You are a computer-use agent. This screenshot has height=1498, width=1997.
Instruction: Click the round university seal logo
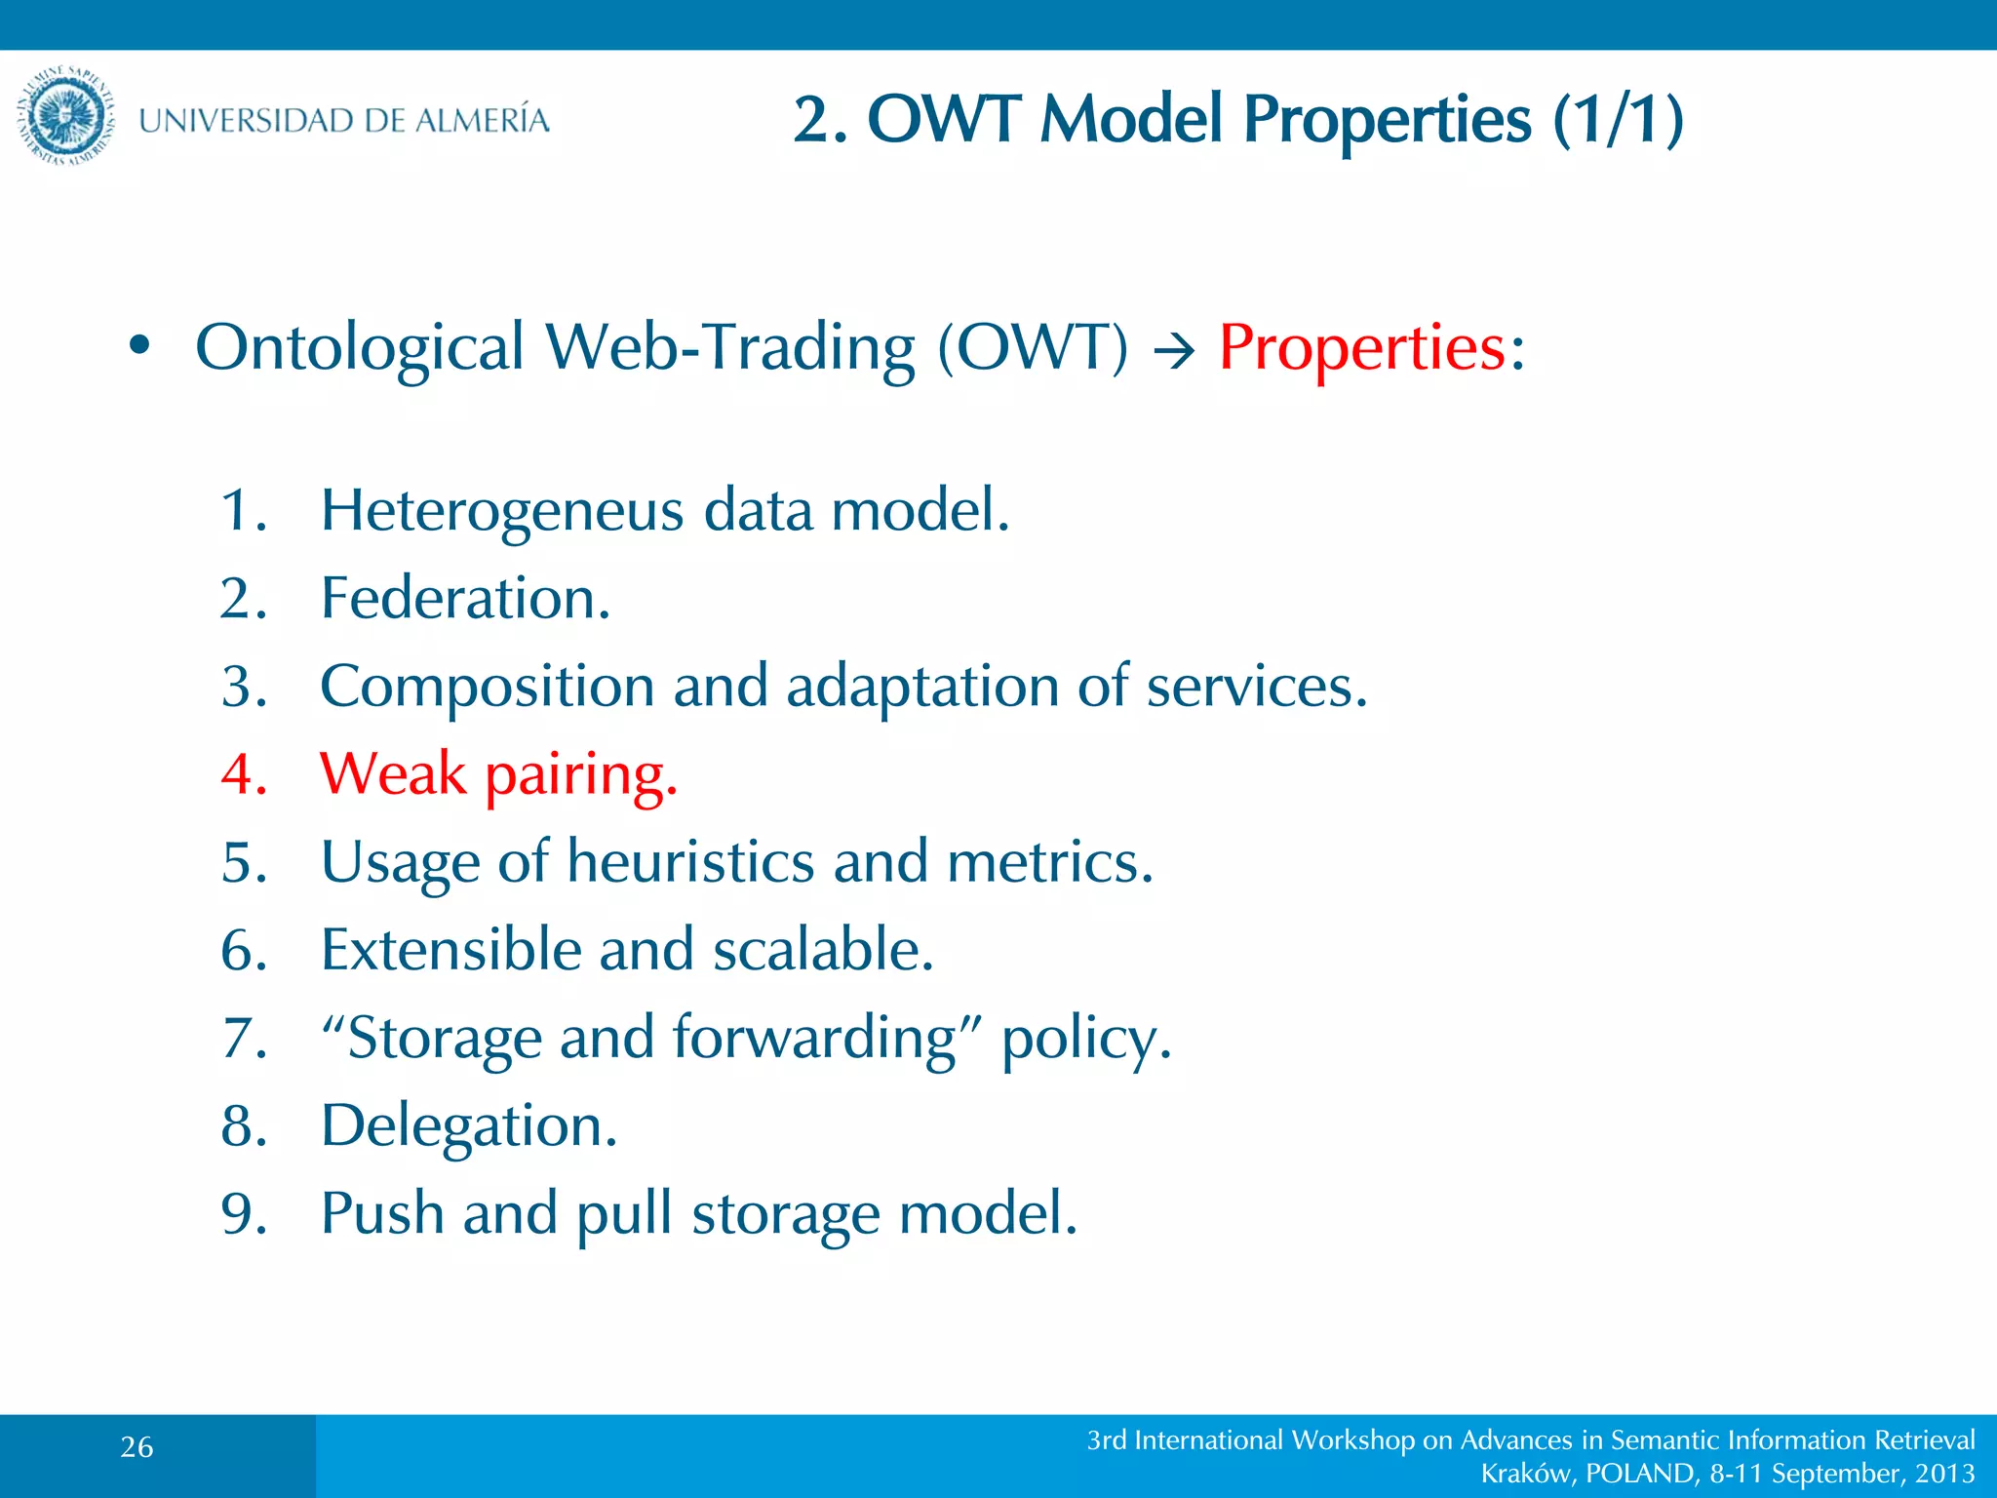66,117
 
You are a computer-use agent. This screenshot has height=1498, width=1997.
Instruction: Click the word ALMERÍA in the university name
482,120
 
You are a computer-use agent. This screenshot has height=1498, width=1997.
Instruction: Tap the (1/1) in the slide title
1619,119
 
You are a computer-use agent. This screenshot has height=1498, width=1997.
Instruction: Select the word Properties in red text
1362,347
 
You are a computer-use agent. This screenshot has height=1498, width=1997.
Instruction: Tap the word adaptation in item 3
922,686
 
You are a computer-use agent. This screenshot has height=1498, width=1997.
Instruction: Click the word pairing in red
580,775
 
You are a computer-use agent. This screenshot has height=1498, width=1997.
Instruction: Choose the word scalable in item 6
822,949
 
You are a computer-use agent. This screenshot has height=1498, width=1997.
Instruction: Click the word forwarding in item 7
813,1038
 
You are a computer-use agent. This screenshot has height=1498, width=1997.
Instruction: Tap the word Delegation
469,1126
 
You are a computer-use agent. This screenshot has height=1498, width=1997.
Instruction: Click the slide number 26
137,1447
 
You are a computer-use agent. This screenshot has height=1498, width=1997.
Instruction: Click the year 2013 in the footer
1944,1473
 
